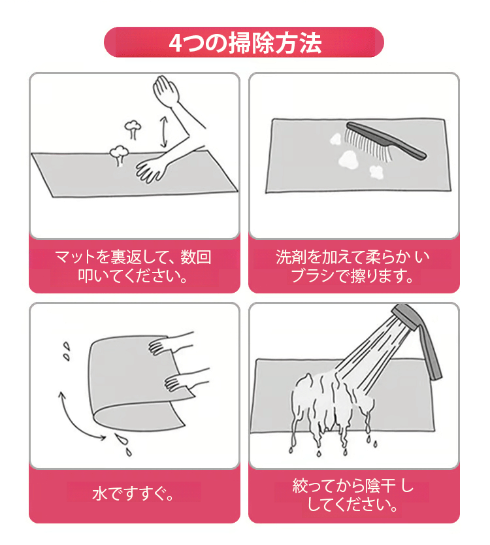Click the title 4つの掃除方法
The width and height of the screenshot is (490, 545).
click(245, 42)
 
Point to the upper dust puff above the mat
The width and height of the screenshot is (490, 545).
click(133, 129)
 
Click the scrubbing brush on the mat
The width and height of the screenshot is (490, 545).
click(385, 142)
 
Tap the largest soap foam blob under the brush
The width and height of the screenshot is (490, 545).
click(349, 159)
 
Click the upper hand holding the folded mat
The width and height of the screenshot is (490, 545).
click(171, 345)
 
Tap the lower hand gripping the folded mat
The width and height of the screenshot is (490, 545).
click(186, 380)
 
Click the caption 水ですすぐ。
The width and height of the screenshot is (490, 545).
click(133, 493)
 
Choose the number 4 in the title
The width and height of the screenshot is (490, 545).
click(176, 43)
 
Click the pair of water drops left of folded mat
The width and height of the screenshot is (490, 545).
click(66, 352)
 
